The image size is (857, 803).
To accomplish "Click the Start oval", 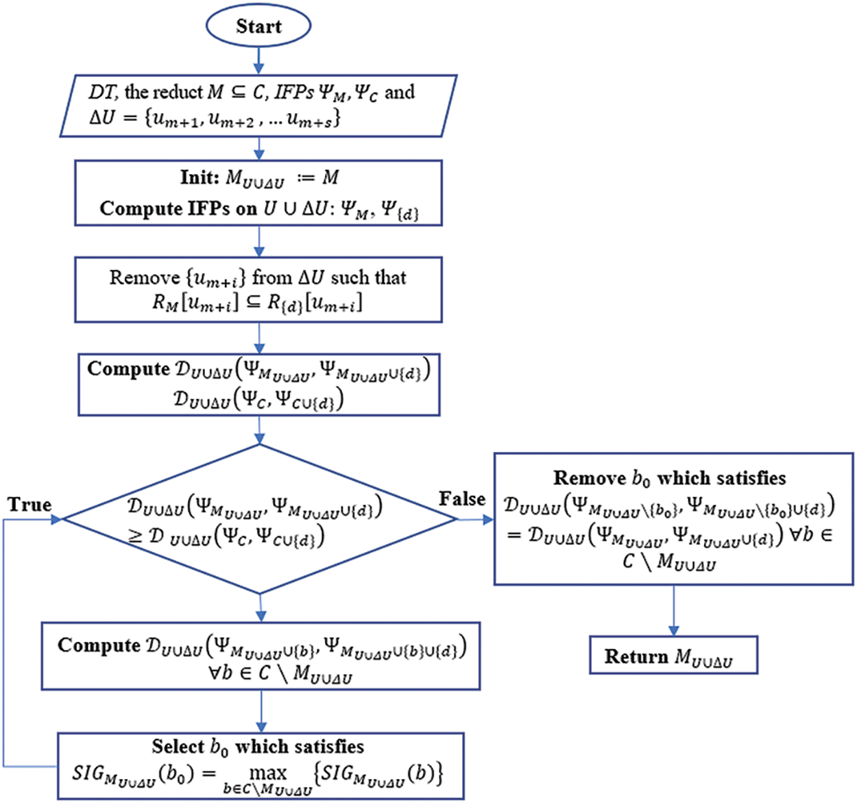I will pyautogui.click(x=258, y=26).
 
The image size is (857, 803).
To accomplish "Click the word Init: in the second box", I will pyautogui.click(x=198, y=177).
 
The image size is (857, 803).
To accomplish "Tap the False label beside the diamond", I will pyautogui.click(x=461, y=499).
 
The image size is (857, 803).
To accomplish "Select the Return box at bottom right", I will pyautogui.click(x=673, y=656).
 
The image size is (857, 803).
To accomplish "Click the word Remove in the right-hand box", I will pyautogui.click(x=590, y=478).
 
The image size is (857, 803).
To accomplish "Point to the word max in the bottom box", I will pyautogui.click(x=267, y=773).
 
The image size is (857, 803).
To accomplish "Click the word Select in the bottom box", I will pyautogui.click(x=178, y=746).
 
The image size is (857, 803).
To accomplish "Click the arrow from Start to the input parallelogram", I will pyautogui.click(x=258, y=60).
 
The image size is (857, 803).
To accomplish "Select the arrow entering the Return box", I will pyautogui.click(x=673, y=610).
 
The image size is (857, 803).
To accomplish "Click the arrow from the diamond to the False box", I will pyautogui.click(x=475, y=520).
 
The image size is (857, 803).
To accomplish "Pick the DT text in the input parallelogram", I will pyautogui.click(x=103, y=92).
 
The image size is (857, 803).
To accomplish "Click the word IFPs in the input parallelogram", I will pyautogui.click(x=293, y=92).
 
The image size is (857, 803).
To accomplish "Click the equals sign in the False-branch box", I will pyautogui.click(x=514, y=535).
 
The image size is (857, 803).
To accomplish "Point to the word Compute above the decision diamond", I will pyautogui.click(x=128, y=368).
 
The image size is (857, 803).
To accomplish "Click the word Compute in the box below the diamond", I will pyautogui.click(x=99, y=645).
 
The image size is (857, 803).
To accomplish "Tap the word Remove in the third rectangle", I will pyautogui.click(x=144, y=277).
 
